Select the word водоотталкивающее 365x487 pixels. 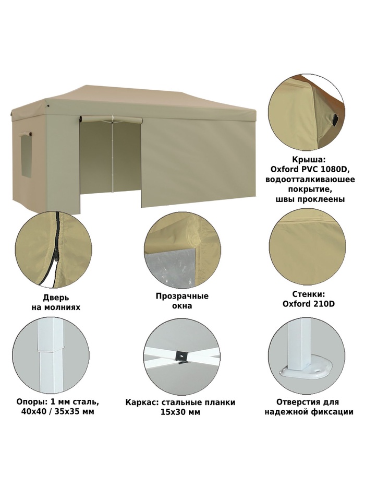(310, 180)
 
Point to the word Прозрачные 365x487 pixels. (182, 296)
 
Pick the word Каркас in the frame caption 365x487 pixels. (140, 403)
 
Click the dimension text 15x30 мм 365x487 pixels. (180, 412)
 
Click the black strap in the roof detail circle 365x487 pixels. (335, 120)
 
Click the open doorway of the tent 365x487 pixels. (111, 164)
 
